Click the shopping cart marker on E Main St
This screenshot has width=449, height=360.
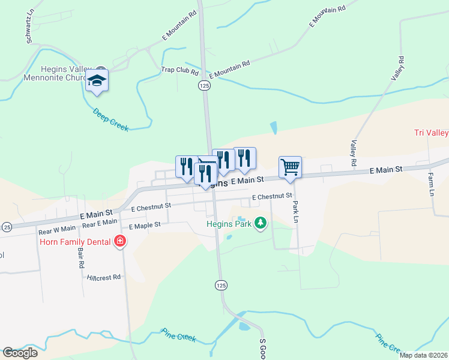290,167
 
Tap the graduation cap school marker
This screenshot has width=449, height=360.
97,81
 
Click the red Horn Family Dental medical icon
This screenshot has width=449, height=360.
120,242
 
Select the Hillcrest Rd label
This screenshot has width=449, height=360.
104,277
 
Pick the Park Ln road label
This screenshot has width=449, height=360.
295,211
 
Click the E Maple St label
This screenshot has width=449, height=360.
145,226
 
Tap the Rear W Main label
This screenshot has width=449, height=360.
57,228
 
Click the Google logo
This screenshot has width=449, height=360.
20,353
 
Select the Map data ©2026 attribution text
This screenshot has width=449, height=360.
423,355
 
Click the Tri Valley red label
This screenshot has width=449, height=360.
431,133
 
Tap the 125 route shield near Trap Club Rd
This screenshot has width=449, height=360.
205,86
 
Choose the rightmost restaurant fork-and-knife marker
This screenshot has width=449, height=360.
244,158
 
